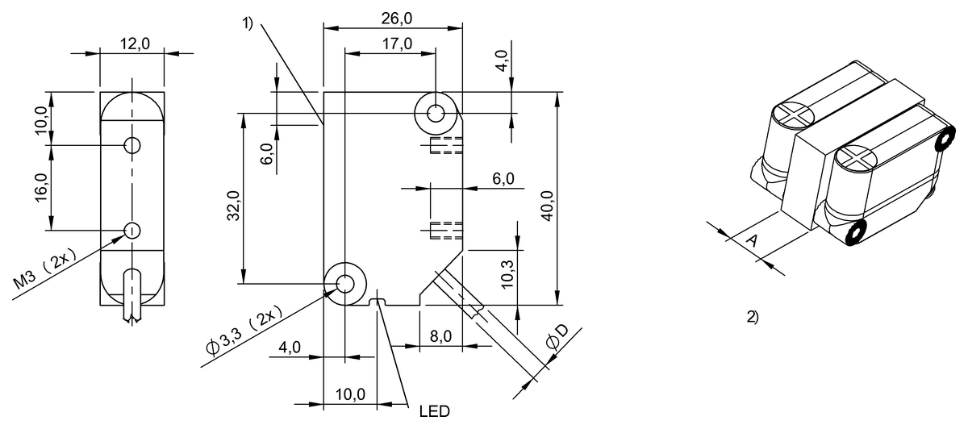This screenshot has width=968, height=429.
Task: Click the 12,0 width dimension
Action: point(134,44)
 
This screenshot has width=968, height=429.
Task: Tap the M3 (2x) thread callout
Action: point(47,272)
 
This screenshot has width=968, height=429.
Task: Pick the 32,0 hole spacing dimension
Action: point(233,205)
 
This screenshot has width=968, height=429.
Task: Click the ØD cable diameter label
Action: point(557,339)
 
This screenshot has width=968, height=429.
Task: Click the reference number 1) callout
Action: point(248,24)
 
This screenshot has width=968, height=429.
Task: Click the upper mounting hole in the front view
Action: point(436,114)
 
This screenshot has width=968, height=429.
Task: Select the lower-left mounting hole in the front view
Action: point(344,283)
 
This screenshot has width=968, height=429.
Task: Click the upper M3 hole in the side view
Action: point(131,145)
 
